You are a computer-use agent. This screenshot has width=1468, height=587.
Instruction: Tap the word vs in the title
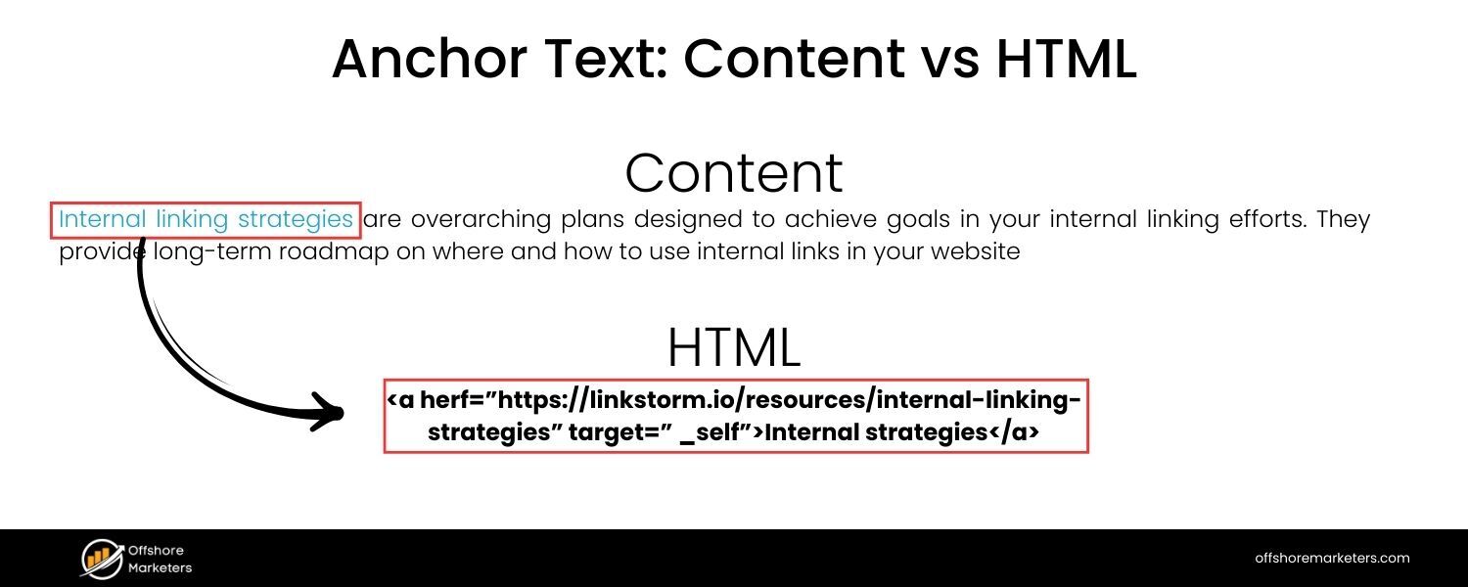(x=948, y=60)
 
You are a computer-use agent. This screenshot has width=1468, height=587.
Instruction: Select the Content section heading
(x=733, y=173)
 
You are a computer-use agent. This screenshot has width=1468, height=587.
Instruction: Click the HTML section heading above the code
(x=733, y=346)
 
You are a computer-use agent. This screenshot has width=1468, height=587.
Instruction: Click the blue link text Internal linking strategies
(x=206, y=219)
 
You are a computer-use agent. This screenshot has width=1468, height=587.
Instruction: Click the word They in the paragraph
(x=1343, y=219)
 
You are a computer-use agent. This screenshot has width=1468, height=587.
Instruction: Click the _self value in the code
(x=711, y=432)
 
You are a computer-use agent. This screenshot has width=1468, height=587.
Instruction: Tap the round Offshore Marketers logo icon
(x=101, y=558)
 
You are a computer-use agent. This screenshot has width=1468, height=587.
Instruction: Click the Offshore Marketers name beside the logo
(x=161, y=559)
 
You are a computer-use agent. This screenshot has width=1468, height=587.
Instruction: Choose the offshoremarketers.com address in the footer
(x=1332, y=558)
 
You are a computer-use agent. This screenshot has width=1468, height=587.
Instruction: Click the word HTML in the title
(x=1066, y=60)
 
